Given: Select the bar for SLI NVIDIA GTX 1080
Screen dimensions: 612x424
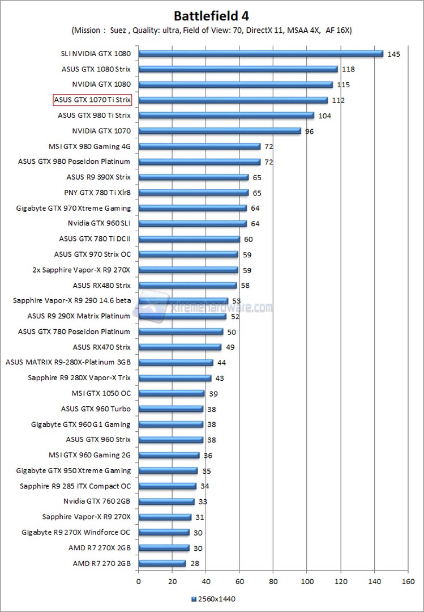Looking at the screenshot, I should (260, 54).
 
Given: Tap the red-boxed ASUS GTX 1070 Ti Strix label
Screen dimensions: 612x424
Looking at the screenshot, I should (92, 100).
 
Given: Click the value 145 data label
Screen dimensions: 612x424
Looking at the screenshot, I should (394, 54).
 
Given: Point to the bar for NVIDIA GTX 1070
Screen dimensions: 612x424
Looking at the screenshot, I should (220, 131).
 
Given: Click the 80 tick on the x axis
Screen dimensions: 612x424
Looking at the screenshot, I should (273, 581).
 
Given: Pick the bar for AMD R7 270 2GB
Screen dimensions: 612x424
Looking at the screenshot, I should (162, 563).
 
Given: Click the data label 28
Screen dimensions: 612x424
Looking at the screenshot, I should (195, 564).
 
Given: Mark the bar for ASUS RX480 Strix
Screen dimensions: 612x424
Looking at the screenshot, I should (187, 286).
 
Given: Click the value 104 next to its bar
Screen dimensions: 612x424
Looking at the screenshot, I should (325, 116).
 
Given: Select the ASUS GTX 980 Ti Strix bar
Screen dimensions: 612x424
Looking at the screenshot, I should (226, 116).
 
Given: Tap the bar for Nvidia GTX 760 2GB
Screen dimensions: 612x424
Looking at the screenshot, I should (166, 501).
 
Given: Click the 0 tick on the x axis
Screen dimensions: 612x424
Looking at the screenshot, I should (138, 581).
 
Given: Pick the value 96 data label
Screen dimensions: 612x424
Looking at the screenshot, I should (309, 131).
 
